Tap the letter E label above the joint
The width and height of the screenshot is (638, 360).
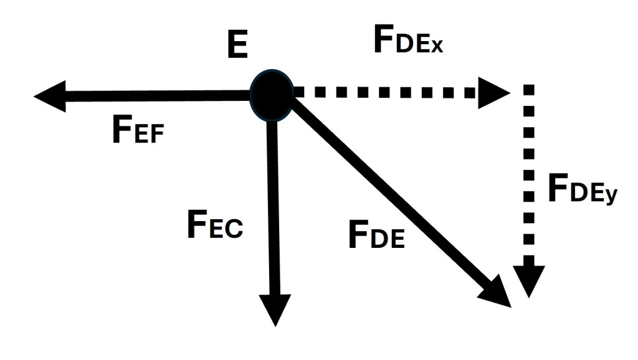point(237,47)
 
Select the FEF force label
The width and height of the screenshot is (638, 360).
point(138,131)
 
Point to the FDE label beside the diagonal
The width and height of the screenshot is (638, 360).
point(376,236)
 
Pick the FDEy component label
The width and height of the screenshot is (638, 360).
point(582,189)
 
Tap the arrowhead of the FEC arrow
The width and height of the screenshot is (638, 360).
point(274,308)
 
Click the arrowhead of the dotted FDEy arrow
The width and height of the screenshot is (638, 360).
point(529,280)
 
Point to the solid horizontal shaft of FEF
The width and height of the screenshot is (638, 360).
point(156,96)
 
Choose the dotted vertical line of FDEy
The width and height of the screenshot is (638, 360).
point(529,181)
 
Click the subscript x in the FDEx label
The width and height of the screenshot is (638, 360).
point(434,47)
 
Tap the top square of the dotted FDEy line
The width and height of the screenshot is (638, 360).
point(529,89)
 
